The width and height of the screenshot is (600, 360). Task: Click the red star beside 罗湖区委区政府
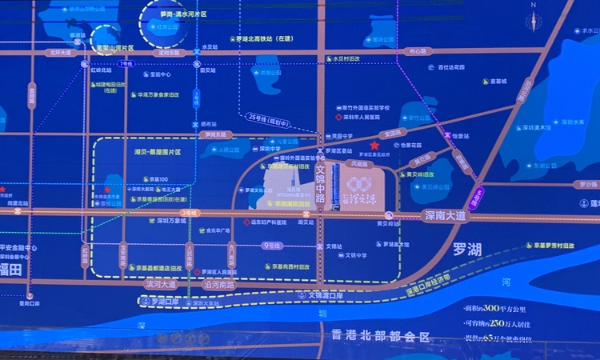click(374, 145)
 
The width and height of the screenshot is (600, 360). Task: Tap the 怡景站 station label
click(460, 136)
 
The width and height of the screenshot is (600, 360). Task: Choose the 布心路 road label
click(418, 51)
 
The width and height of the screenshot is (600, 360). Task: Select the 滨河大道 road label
click(160, 283)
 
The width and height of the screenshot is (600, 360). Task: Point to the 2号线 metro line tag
click(189, 213)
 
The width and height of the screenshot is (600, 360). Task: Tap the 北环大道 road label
click(59, 53)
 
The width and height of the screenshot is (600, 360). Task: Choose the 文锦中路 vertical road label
click(320, 183)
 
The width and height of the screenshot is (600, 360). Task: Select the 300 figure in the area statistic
click(510, 307)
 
